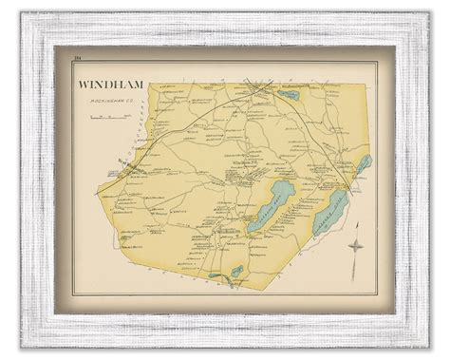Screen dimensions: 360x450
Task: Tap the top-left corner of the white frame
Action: click(34, 32)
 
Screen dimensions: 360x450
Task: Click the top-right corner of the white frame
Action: click(415, 32)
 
